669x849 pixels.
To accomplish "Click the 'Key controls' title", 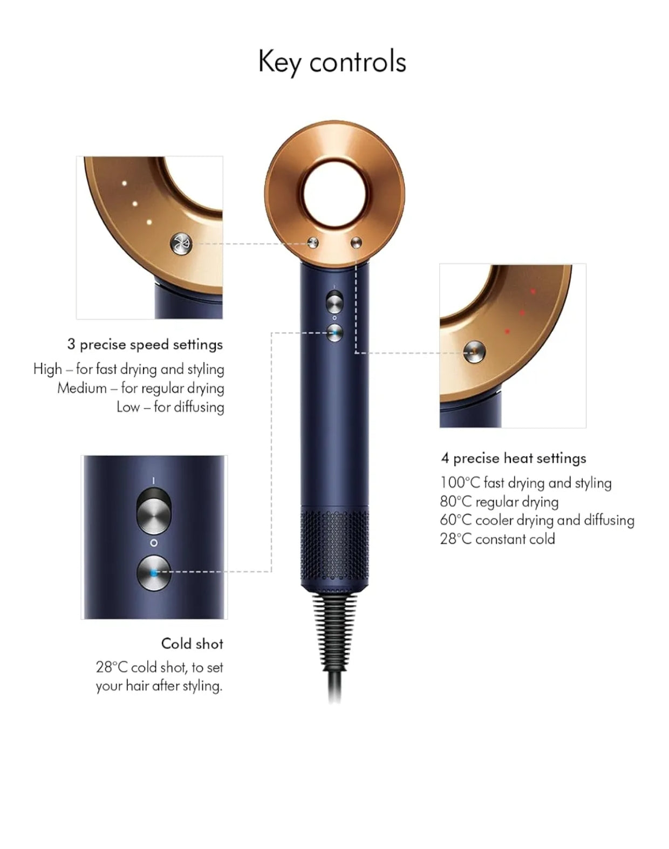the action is coord(332,62).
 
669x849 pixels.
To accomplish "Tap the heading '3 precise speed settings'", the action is coord(145,345).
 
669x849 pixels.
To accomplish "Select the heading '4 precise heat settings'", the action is coord(514,458).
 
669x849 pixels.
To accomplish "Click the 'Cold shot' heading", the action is coord(192,643).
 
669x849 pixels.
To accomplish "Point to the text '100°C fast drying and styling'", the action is coord(525,483).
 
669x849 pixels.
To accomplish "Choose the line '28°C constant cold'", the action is coord(497,539).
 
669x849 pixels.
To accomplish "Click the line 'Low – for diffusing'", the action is coord(170,407).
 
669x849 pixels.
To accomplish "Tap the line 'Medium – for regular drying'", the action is coord(140,388).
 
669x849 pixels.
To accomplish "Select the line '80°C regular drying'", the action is coord(499,502).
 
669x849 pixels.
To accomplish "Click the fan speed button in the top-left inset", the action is coord(181,243).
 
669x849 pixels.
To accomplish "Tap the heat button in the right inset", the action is coord(474,352).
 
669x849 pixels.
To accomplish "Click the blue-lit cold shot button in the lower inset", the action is coord(154,573).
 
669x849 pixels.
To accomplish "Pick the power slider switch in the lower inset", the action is coord(154,511).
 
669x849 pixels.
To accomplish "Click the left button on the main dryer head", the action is coord(312,243).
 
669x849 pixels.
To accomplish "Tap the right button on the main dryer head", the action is coord(356,243).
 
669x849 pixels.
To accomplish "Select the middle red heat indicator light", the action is coord(522,313).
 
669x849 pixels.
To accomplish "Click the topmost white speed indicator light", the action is coord(124,183).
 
